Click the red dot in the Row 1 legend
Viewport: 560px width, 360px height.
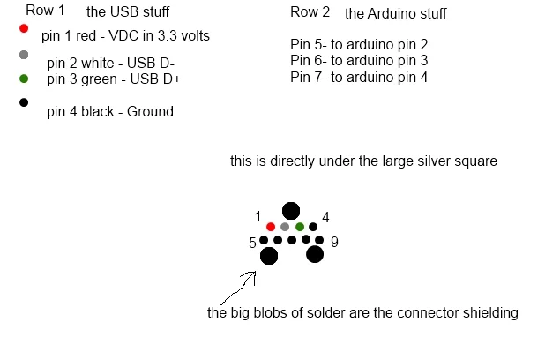point(24,28)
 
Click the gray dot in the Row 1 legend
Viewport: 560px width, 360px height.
point(24,56)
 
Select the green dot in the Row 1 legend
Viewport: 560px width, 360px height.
point(24,79)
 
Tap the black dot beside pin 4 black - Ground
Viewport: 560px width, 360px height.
point(24,103)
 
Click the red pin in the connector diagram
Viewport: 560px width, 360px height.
point(270,227)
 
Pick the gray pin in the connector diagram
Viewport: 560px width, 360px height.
point(285,227)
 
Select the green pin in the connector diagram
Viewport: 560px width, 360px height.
point(300,227)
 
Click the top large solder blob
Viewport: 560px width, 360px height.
point(290,211)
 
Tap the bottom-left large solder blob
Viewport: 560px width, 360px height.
point(269,256)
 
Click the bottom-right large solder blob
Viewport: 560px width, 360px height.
point(314,254)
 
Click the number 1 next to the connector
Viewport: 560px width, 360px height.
point(257,217)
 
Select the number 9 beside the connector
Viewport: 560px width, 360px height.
point(332,241)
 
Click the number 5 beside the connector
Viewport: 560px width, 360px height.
point(251,241)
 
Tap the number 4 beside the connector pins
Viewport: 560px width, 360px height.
point(325,217)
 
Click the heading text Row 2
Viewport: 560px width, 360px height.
point(310,12)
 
